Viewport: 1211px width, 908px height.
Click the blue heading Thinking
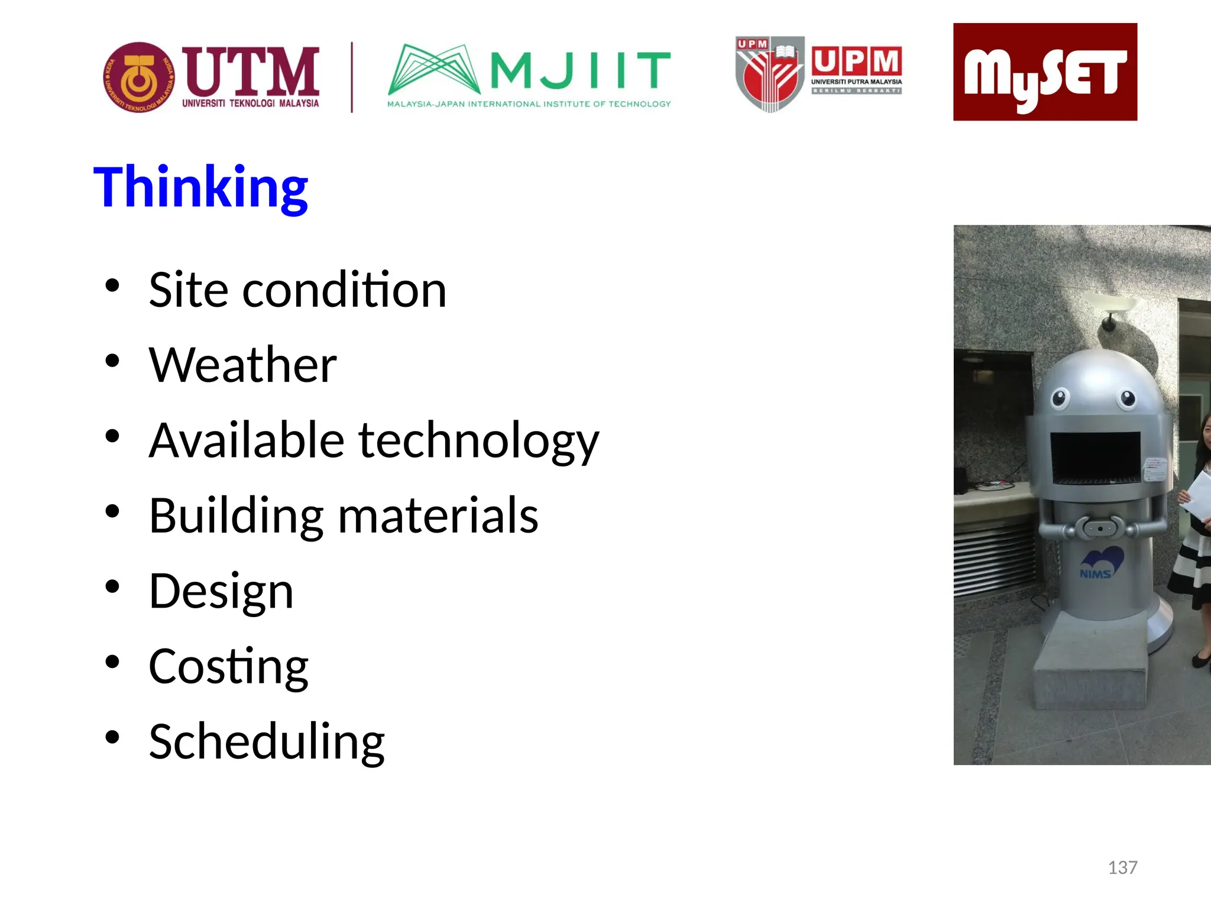click(x=200, y=188)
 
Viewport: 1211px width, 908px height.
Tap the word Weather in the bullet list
click(x=242, y=365)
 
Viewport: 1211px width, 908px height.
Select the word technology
click(x=478, y=441)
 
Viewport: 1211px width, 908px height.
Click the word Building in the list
click(x=236, y=515)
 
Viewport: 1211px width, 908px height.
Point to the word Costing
click(x=228, y=667)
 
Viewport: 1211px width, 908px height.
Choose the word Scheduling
click(x=267, y=742)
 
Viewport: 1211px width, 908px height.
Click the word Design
click(x=221, y=591)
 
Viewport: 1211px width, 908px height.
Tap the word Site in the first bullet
click(x=188, y=290)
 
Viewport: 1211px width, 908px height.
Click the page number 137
click(x=1122, y=867)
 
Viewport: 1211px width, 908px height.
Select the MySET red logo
click(x=1045, y=72)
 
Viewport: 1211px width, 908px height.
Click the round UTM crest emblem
click(x=139, y=77)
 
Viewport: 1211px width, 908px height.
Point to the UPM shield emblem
click(x=769, y=74)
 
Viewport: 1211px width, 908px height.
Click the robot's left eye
click(x=1060, y=398)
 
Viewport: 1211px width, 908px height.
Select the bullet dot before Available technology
click(x=112, y=436)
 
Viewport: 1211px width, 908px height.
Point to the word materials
click(x=438, y=515)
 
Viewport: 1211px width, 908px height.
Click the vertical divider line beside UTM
click(x=352, y=77)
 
